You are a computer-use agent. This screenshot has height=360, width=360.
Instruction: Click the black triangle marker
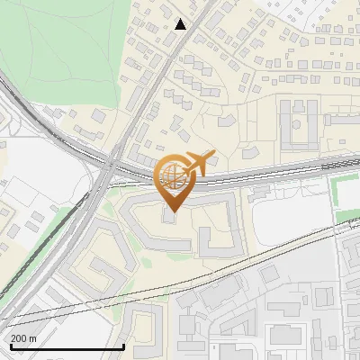pyautogui.click(x=182, y=24)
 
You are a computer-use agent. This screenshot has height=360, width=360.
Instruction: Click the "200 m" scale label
pyautogui.click(x=23, y=338)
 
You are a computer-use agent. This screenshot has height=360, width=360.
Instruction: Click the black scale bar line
pyautogui.click(x=67, y=346)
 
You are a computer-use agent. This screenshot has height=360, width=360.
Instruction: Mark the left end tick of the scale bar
pyautogui.click(x=10, y=345)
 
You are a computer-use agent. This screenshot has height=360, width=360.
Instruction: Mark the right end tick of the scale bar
pyautogui.click(x=123, y=345)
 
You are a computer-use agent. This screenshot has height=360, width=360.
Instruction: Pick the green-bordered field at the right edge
pyautogui.click(x=346, y=199)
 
